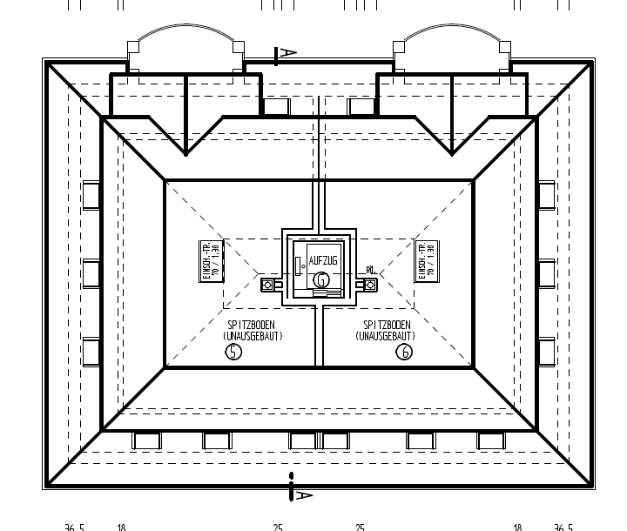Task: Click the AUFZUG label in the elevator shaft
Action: (321, 260)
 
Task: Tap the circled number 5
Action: (233, 352)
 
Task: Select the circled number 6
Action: (404, 352)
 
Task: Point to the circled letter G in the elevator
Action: (322, 279)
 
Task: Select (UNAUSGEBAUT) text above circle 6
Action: (386, 335)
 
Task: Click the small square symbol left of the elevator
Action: (267, 284)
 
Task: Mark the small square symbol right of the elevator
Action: (371, 284)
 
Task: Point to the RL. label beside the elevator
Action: (371, 270)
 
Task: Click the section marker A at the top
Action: (284, 55)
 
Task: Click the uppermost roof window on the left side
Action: (91, 195)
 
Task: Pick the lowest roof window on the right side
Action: (546, 352)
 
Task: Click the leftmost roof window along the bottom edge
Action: (146, 441)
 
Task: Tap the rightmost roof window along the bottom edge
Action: (491, 441)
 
